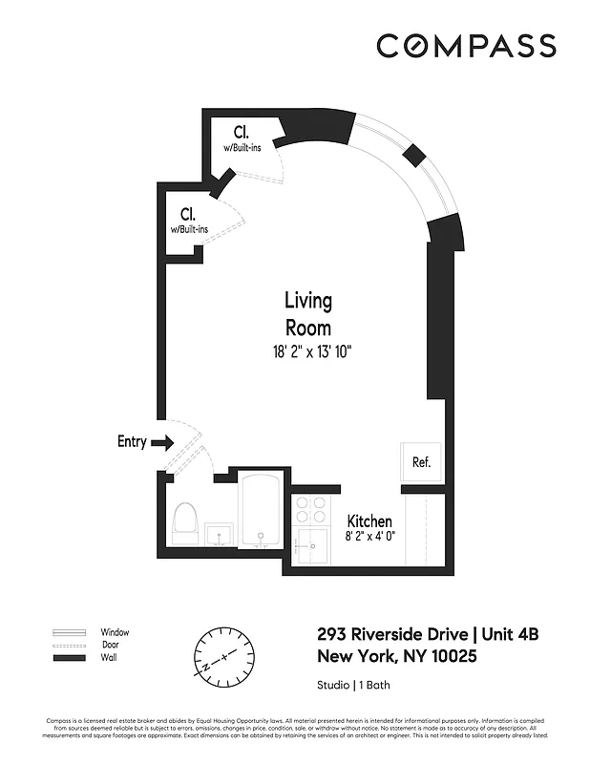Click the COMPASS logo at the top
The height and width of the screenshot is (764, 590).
coord(466,46)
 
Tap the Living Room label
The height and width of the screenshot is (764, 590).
coord(308,314)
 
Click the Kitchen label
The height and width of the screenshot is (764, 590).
coord(369,520)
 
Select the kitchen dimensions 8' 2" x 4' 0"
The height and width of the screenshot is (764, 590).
coord(369,536)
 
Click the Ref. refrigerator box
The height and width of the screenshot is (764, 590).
coord(421,462)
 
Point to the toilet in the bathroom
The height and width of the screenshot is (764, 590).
coord(186,521)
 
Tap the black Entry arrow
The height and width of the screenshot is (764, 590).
coord(163,442)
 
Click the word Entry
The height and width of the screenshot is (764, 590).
coord(132,441)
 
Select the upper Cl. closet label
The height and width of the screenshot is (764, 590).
coord(242,133)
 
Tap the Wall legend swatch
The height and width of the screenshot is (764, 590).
coord(71,659)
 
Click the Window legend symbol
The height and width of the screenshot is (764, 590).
coord(71,632)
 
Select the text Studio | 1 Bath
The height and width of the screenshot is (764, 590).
coord(353,685)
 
